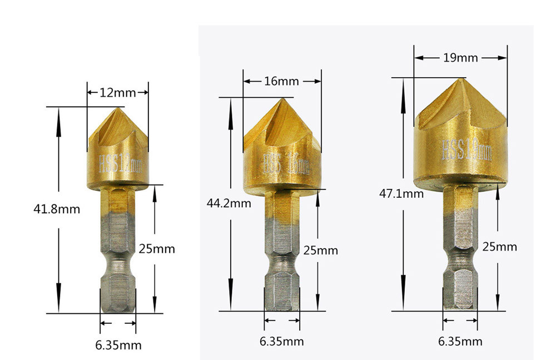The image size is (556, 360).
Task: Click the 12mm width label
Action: [118, 93]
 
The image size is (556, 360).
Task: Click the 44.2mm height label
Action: [229, 203]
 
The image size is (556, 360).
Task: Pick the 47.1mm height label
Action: [401, 194]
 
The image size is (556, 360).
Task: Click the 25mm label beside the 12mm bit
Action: [157, 249]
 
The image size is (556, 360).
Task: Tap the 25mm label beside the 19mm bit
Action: [499, 246]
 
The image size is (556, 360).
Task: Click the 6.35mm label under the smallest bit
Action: [118, 345]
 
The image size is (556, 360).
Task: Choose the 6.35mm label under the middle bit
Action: [282, 341]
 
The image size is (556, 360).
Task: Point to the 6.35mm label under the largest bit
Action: [460, 341]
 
